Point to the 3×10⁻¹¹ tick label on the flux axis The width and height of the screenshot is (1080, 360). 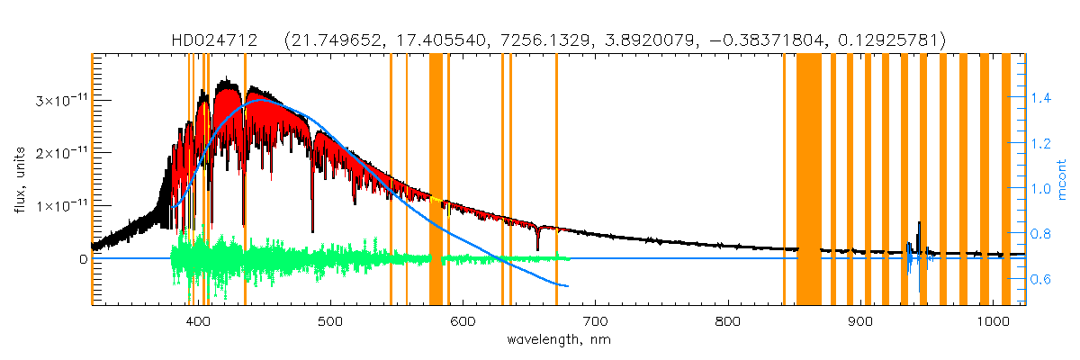(x=58, y=99)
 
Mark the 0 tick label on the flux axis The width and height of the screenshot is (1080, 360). (x=84, y=259)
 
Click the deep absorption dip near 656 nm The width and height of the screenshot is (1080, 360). (x=537, y=245)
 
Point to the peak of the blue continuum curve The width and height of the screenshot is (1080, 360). (x=263, y=100)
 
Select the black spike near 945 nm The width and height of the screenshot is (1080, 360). (x=919, y=225)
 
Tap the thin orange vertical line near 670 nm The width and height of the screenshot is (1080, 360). (x=556, y=180)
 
